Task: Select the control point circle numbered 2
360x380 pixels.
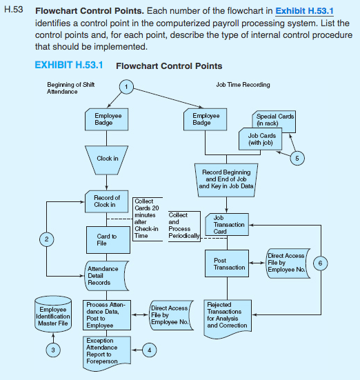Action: (46, 239)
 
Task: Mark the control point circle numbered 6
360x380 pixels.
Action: (320, 263)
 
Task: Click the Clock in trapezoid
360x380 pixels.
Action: (107, 159)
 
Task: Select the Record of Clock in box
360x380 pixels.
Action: (106, 201)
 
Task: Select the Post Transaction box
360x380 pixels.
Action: (226, 263)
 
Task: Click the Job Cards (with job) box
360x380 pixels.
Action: (260, 138)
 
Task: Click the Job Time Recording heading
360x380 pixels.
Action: (238, 85)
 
